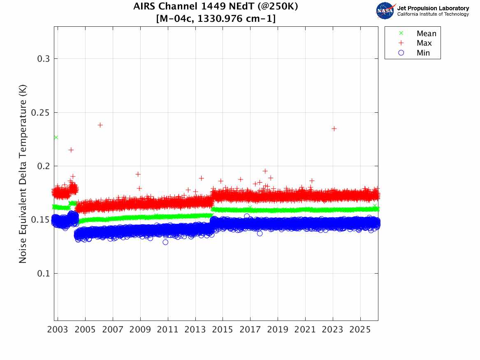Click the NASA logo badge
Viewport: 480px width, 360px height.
(x=385, y=10)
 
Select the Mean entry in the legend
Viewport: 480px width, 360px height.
(x=426, y=34)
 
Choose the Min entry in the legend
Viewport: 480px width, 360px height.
(x=423, y=53)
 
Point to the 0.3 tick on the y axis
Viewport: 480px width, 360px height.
(x=43, y=59)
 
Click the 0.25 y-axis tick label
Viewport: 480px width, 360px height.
(x=41, y=112)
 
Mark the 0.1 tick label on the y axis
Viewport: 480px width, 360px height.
(x=43, y=274)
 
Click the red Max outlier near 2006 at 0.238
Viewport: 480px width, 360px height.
(x=100, y=125)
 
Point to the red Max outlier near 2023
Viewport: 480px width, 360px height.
(x=334, y=129)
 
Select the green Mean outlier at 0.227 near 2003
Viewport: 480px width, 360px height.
(x=56, y=137)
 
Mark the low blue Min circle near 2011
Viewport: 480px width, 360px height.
(x=165, y=242)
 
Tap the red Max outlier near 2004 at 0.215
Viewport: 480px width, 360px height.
(x=71, y=150)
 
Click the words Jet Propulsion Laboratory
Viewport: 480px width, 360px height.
(x=433, y=8)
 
